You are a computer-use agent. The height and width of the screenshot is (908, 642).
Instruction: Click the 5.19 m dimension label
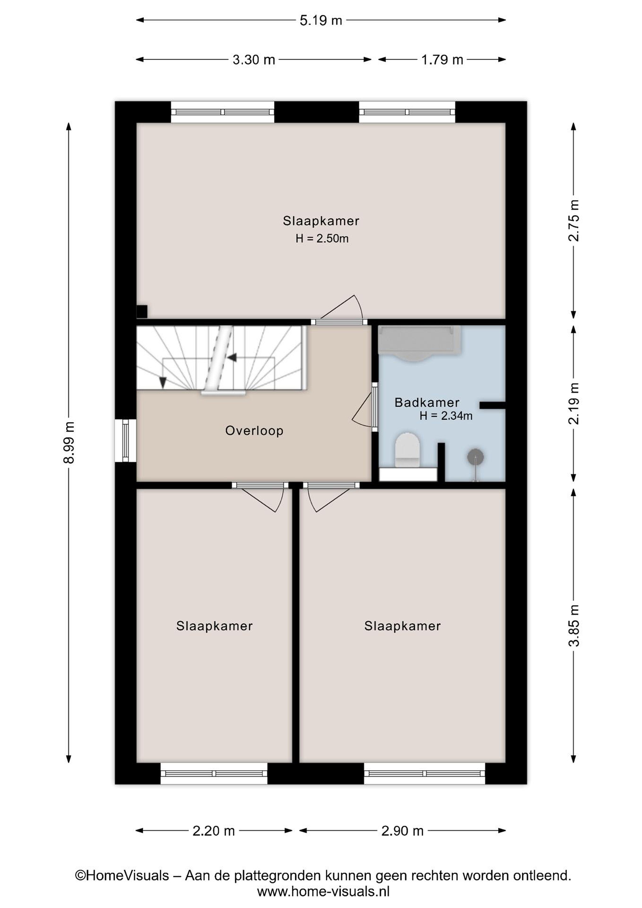321,20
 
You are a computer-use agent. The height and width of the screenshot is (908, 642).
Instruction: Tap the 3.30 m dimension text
253,60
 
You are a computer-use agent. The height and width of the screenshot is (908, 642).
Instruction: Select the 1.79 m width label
442,60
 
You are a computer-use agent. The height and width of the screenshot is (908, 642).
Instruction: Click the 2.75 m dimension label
574,220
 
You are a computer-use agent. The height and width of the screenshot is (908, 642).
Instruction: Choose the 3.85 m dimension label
574,626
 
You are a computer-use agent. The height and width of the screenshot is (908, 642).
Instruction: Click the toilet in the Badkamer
407,451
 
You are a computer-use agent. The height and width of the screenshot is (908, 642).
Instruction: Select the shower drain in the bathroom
476,457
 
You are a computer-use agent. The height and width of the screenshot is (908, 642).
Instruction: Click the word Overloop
254,431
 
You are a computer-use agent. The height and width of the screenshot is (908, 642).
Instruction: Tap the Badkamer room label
427,403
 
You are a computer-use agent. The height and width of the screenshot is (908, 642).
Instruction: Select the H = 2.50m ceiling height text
322,238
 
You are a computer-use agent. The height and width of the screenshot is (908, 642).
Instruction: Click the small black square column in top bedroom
142,311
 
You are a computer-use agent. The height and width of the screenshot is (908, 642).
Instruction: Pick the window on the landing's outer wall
125,440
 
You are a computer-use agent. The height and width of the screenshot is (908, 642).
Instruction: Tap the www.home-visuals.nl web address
323,891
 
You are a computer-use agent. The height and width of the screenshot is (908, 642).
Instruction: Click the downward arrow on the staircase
162,381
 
